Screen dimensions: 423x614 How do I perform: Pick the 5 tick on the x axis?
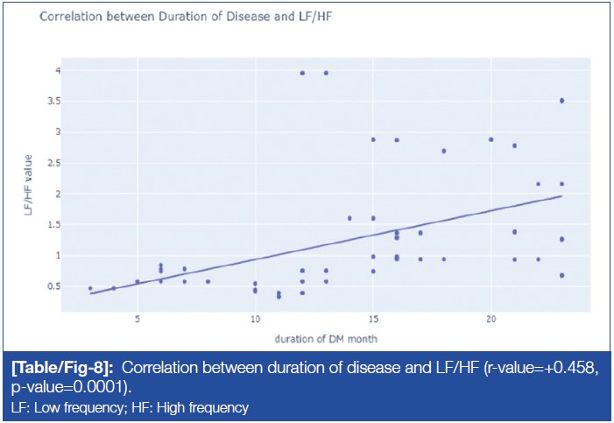(x=138, y=320)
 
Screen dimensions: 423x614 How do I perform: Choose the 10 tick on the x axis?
(x=255, y=320)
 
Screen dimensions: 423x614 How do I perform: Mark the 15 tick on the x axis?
(x=373, y=320)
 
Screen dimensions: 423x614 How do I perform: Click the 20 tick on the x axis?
(x=490, y=320)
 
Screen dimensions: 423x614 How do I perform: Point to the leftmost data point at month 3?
(x=90, y=288)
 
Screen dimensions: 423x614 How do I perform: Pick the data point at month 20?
(x=490, y=139)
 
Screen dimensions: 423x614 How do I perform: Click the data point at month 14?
(x=349, y=218)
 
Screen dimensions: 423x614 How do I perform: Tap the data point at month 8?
(x=208, y=281)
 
